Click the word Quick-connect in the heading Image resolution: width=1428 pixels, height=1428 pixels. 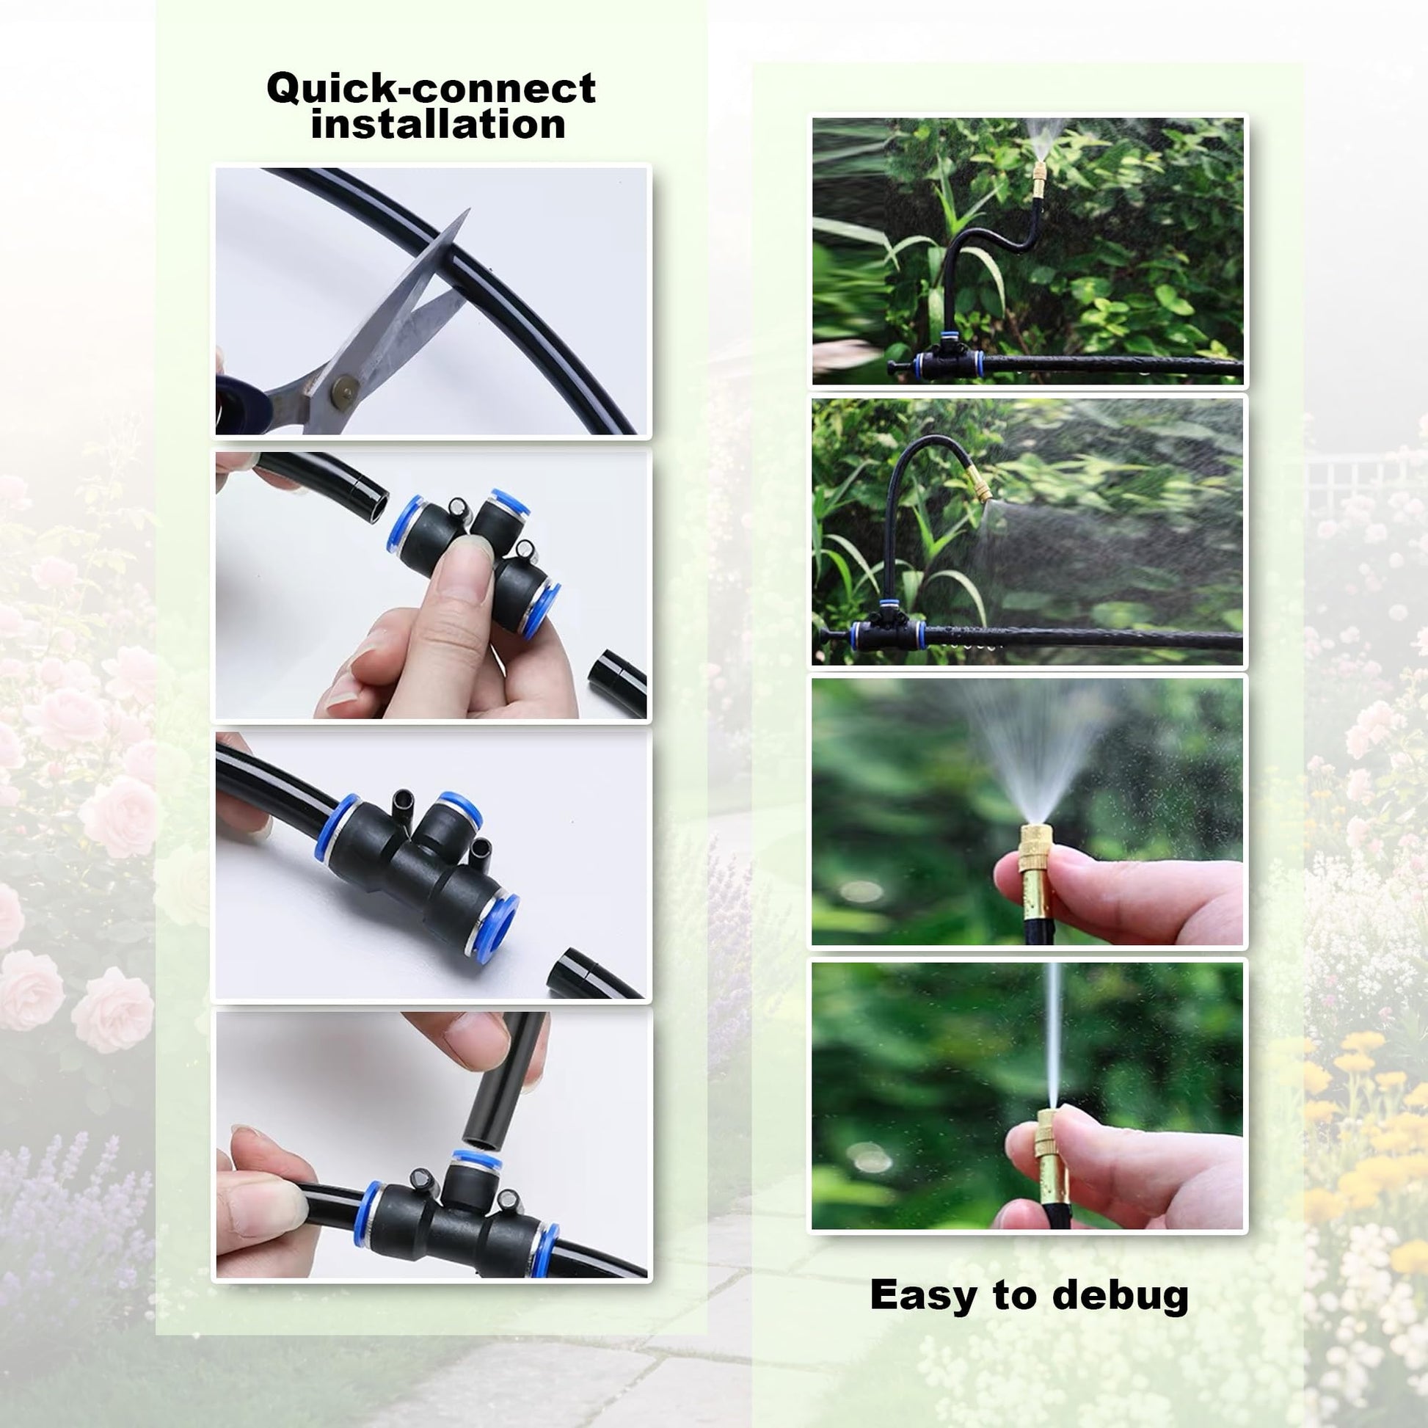coord(431,88)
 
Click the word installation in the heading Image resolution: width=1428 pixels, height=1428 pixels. coord(438,124)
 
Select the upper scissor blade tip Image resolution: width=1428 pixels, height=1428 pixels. coord(468,211)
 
